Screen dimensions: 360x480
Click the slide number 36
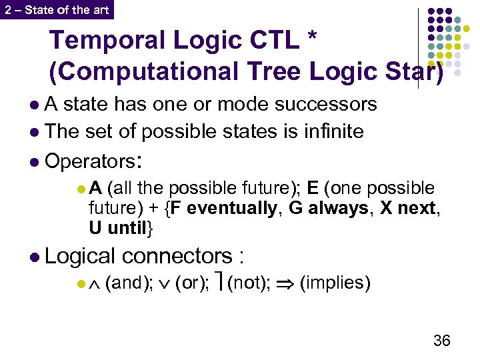441,341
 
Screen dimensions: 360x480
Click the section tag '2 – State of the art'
56,9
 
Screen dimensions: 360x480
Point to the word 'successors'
327,105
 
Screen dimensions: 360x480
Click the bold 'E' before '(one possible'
311,189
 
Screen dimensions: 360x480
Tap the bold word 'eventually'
231,208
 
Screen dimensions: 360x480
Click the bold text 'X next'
409,208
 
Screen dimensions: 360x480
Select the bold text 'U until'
118,227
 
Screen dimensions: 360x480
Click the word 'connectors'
176,256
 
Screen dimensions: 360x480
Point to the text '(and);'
128,283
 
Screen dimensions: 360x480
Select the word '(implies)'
335,283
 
